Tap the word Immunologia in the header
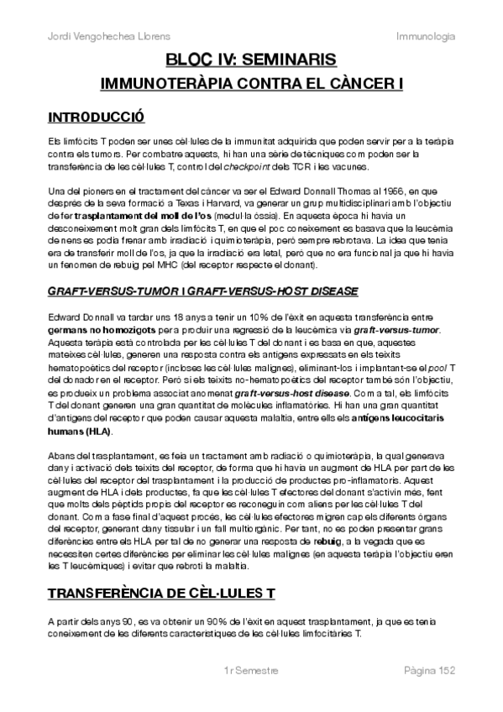(426, 36)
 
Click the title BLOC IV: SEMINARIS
(251, 60)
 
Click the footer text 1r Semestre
(251, 672)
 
